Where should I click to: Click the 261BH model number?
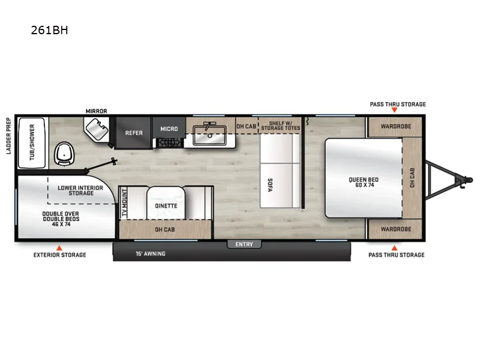(x=49, y=29)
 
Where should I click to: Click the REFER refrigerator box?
(x=134, y=133)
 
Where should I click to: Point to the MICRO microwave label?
(x=169, y=128)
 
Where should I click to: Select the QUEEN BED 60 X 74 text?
(x=364, y=182)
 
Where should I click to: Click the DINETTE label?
(x=166, y=206)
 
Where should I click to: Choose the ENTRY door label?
(x=244, y=244)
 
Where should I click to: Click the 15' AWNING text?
(x=149, y=254)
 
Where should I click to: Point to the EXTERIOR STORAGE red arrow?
(x=59, y=247)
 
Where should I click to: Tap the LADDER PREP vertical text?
(x=9, y=136)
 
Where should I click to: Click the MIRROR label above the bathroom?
(x=96, y=111)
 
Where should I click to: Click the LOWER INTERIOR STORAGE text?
(x=80, y=190)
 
